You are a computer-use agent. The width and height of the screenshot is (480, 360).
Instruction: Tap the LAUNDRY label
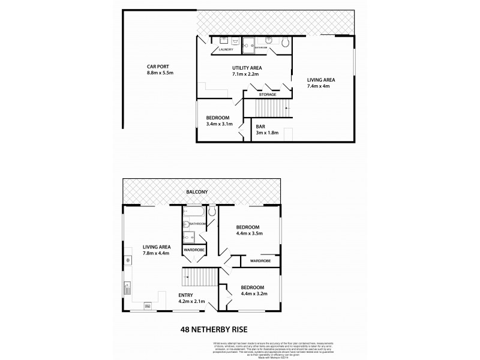pyautogui.click(x=226, y=49)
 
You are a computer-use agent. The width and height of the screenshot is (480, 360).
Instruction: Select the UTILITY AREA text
pyautogui.click(x=248, y=68)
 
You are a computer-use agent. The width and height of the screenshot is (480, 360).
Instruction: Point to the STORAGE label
pyautogui.click(x=268, y=94)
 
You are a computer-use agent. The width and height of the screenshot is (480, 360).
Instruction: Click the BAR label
pyautogui.click(x=261, y=127)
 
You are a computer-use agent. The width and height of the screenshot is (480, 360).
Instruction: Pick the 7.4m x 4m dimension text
pyautogui.click(x=319, y=86)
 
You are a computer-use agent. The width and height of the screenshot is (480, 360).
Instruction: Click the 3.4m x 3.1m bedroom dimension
pyautogui.click(x=218, y=124)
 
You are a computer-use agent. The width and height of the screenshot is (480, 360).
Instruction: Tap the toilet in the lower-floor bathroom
pyautogui.click(x=286, y=41)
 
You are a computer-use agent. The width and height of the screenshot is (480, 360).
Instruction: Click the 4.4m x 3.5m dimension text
pyautogui.click(x=248, y=235)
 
